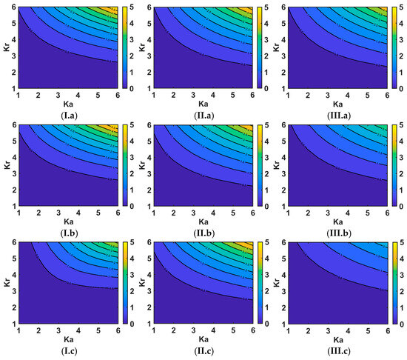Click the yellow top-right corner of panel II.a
coord(250,10)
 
